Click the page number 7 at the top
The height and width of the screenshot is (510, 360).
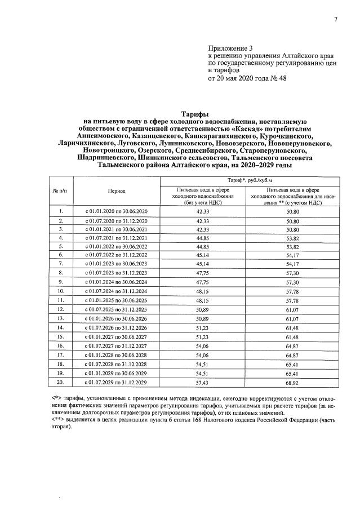point(335,20)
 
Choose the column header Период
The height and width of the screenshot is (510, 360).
point(115,192)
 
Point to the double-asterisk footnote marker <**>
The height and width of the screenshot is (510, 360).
point(53,420)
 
